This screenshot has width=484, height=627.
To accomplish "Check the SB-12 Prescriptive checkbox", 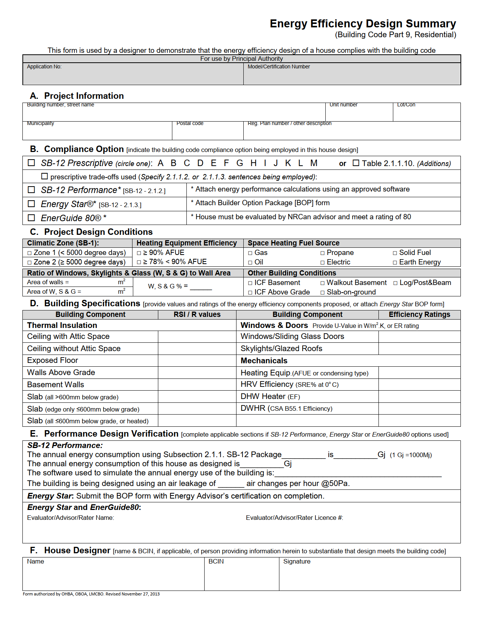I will point(32,163).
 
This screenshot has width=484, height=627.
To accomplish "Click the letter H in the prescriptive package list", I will point(253,163).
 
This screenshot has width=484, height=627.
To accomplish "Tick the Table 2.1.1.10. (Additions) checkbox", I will point(356,163).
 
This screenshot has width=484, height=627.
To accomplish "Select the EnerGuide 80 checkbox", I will point(32,218).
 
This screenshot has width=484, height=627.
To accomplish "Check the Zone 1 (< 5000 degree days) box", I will point(30,253).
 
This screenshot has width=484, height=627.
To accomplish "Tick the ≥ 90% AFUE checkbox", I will point(139,253).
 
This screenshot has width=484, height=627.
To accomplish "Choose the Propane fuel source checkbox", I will point(322,253).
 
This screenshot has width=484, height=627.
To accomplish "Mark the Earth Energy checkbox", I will point(395,263).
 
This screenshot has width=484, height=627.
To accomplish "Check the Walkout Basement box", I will point(322,283).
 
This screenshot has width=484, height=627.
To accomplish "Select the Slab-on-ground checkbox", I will point(322,293).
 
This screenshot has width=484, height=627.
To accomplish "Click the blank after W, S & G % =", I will point(200,287).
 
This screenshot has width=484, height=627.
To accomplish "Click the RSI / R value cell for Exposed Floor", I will point(197,360).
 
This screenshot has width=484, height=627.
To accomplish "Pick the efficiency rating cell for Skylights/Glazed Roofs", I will point(419,348).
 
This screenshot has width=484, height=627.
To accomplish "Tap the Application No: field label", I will point(44,66).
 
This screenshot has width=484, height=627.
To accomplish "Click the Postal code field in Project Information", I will point(207,131).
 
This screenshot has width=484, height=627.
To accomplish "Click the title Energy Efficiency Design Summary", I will point(363,24).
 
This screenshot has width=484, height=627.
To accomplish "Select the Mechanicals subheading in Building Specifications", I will point(264,361).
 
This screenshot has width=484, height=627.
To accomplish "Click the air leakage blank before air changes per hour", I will point(231,483).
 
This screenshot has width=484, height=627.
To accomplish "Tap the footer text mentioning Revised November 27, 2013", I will point(91,594).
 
